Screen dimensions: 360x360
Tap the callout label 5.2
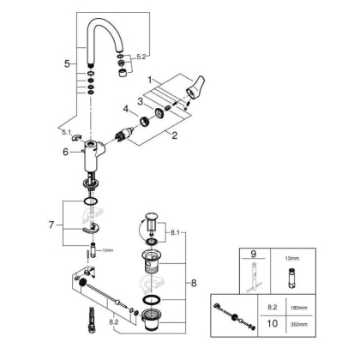[141, 57]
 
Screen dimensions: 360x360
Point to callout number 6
[64, 152]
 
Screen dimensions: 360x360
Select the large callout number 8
[196, 280]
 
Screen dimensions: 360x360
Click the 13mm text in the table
[291, 255]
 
